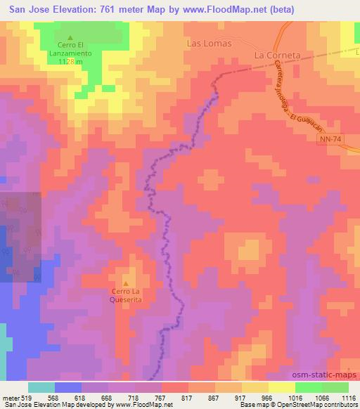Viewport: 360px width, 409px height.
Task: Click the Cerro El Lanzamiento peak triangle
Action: pyautogui.click(x=70, y=38)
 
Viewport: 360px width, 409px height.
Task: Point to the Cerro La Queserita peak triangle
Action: pyautogui.click(x=127, y=284)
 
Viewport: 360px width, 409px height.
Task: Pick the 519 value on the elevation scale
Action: pyautogui.click(x=26, y=397)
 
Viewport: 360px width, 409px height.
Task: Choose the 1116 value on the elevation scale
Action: pyautogui.click(x=348, y=397)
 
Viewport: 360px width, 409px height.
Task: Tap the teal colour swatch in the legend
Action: pyautogui.click(x=41, y=387)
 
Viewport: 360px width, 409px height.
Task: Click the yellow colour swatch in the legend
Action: pyautogui.click(x=281, y=387)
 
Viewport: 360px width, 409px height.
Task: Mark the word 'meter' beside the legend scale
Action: pyautogui.click(x=10, y=397)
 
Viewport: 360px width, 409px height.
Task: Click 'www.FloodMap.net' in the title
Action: pyautogui.click(x=229, y=9)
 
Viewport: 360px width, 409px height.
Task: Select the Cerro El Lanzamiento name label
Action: pyautogui.click(x=70, y=51)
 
